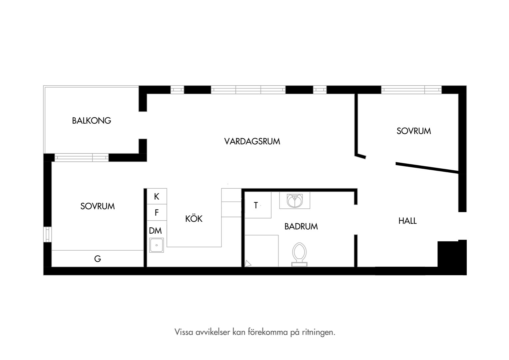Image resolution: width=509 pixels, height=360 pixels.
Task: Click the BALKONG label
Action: [92, 121]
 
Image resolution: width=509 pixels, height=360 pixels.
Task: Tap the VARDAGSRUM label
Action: [252, 141]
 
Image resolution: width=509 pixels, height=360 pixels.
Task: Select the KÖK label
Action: [194, 218]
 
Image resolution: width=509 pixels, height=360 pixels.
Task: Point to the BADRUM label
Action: [301, 226]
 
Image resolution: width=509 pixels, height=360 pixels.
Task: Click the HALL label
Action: [407, 221]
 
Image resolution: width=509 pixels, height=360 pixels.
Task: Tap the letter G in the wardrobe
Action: [98, 259]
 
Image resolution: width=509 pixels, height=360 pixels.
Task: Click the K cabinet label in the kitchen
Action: [157, 196]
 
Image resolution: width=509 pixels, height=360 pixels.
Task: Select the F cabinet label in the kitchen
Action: [157, 213]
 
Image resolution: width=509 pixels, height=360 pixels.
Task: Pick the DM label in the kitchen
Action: [156, 231]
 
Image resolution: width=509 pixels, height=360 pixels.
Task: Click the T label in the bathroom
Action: [256, 205]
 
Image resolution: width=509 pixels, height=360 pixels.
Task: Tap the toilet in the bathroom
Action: [299, 254]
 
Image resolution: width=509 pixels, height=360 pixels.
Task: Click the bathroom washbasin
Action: [295, 201]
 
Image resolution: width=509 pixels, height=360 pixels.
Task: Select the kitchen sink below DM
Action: [156, 245]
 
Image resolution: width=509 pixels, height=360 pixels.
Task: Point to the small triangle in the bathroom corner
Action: [248, 264]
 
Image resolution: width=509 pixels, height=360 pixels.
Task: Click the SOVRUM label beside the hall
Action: [414, 131]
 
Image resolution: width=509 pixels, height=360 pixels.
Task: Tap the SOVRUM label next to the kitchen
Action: [98, 206]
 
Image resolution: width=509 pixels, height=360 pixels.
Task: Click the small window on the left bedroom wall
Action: [48, 234]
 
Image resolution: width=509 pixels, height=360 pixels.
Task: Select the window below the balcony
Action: [82, 157]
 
